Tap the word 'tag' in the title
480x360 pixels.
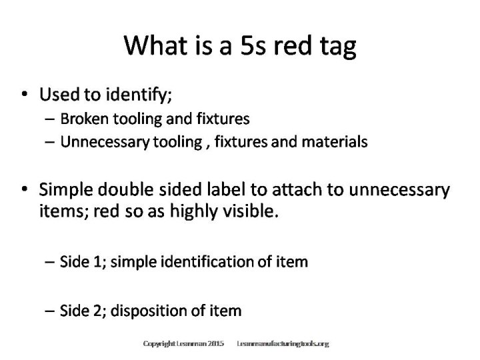[336, 47]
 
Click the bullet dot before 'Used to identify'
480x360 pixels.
[25, 96]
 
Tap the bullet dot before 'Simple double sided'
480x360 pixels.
[25, 189]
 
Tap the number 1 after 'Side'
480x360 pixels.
[102, 263]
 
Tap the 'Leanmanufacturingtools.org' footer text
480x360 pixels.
[283, 344]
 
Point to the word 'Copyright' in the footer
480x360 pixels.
[158, 344]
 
